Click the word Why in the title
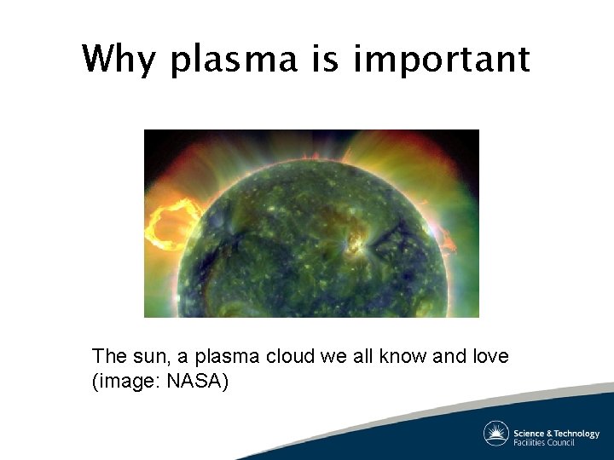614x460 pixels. coord(120,60)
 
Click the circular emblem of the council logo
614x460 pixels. coord(496,434)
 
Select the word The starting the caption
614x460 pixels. coord(108,356)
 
